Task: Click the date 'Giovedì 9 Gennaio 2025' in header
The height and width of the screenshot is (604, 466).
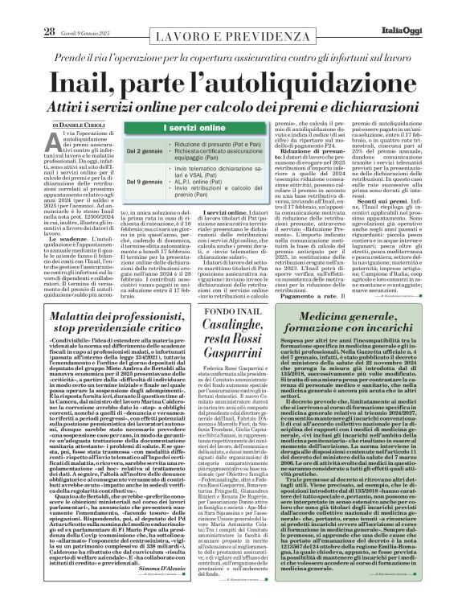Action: (x=79, y=10)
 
